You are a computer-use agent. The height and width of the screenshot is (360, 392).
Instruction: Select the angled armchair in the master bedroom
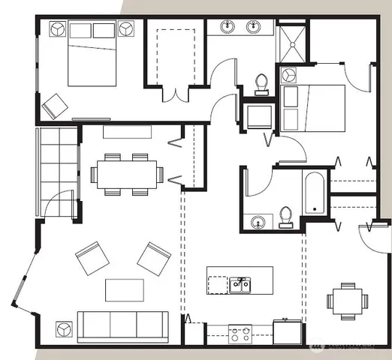click(x=54, y=106)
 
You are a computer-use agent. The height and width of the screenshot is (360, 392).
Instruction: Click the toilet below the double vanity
click(x=262, y=83)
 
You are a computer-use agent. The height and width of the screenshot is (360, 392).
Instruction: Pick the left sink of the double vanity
click(x=228, y=28)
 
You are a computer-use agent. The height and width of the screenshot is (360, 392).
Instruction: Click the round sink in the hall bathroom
click(x=258, y=221)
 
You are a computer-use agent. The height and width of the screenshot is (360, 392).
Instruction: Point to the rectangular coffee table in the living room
click(x=124, y=289)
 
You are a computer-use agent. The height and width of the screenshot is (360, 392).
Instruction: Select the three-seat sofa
click(x=123, y=325)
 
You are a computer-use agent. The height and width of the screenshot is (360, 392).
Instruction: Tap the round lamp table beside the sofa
click(x=62, y=328)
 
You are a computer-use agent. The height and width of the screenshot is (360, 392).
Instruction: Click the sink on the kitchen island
click(x=241, y=285)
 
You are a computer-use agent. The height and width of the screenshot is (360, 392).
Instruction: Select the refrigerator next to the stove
click(x=287, y=331)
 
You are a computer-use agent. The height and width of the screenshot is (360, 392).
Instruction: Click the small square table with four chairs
click(x=347, y=301)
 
